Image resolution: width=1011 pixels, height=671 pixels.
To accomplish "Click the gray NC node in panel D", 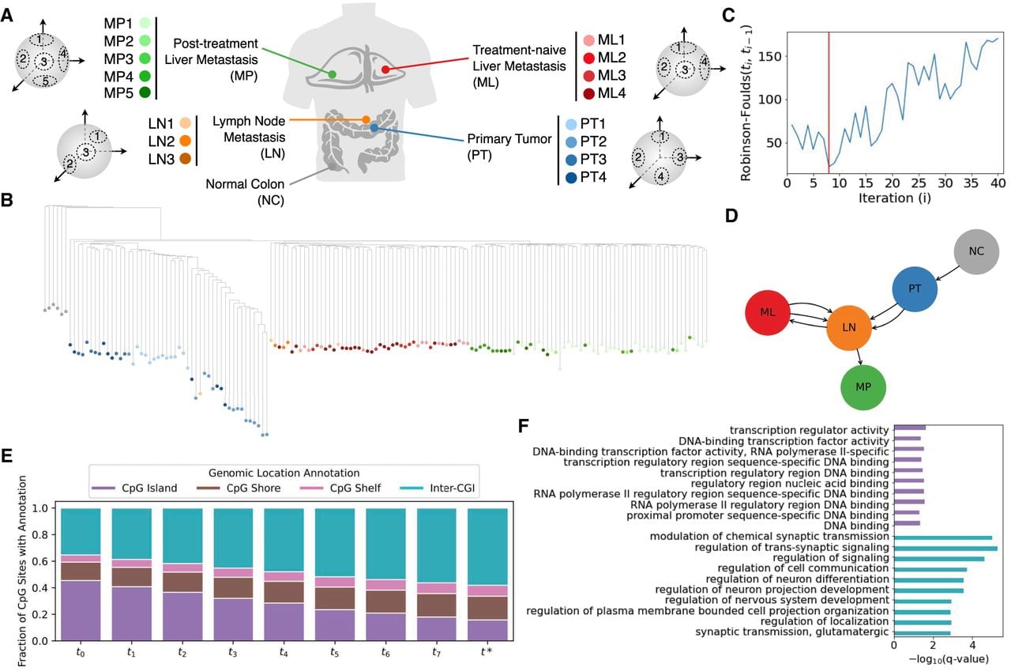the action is tap(975, 251).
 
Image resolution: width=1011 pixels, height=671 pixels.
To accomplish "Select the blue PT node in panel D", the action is tap(915, 289).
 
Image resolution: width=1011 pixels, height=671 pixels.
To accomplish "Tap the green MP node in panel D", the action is tap(863, 387).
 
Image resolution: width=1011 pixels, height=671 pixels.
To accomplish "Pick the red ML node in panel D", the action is tap(767, 312).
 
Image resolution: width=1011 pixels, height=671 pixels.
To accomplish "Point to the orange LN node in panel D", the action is tap(848, 328).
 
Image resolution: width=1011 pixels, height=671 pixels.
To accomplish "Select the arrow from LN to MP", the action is tap(859, 357).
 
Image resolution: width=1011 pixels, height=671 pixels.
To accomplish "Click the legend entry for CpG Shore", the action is tap(239, 488).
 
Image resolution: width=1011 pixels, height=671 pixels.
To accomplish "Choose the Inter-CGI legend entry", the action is tap(437, 488).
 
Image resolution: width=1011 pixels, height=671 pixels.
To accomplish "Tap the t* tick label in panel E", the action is tap(487, 651).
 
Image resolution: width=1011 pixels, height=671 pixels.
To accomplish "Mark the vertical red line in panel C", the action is tap(829, 103).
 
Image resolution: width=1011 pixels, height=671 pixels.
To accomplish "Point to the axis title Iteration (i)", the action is tap(895, 198).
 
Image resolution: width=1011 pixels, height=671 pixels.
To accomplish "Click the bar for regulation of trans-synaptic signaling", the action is tap(945, 548).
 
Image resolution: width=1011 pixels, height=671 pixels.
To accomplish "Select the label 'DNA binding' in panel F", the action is tap(856, 526).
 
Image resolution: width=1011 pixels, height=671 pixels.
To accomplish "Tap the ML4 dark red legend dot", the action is tap(588, 93).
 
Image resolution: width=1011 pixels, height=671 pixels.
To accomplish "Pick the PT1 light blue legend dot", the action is tap(571, 124).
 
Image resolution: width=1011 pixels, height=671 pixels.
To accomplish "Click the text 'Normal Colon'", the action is tap(245, 184).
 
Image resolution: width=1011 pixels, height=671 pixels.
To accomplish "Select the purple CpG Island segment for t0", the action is tap(81, 610).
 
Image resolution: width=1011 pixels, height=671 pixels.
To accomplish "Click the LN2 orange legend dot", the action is tap(185, 141).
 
